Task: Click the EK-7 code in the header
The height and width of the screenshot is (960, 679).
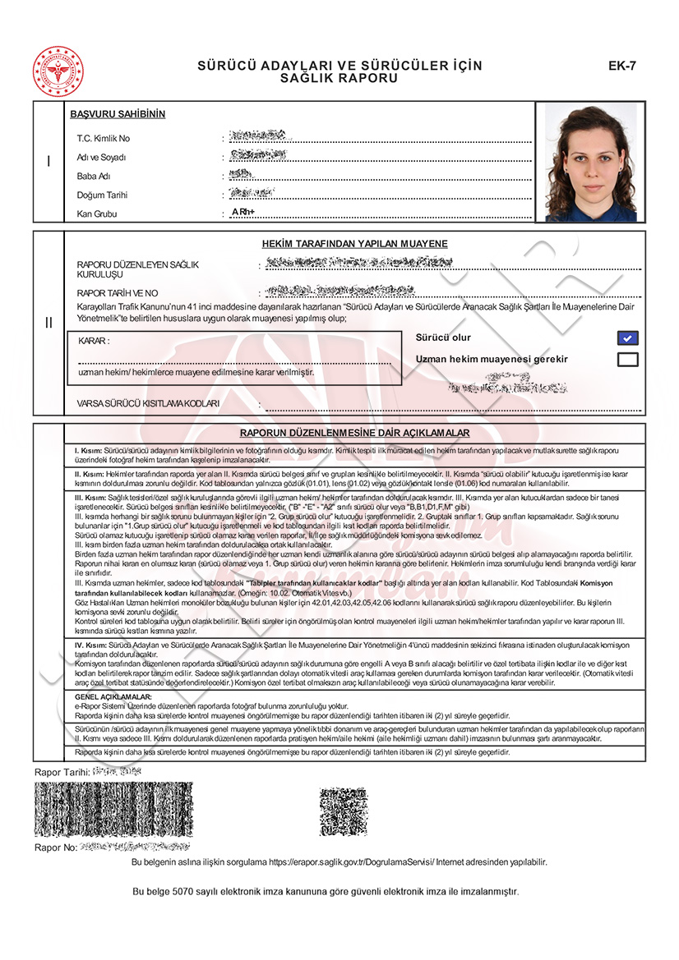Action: [x=621, y=66]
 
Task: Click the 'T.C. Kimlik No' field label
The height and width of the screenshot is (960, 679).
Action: [x=104, y=139]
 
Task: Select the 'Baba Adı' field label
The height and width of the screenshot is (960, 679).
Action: [x=94, y=177]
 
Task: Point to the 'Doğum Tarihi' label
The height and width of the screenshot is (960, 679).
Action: [x=102, y=195]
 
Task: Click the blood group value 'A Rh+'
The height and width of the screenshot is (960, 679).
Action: [x=243, y=213]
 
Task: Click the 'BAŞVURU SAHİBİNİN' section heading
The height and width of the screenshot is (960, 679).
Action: [x=118, y=114]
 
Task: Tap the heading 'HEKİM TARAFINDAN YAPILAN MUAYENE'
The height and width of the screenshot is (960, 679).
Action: [x=354, y=244]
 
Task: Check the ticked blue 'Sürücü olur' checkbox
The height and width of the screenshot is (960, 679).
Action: [x=627, y=338]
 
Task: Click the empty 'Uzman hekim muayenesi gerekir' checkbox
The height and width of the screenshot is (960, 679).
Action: [x=627, y=359]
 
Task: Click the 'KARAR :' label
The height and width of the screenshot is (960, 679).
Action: [x=94, y=341]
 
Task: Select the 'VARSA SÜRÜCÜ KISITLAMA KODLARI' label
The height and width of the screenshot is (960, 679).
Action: [x=148, y=404]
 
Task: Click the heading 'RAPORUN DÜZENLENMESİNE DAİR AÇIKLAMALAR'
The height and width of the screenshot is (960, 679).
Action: [x=354, y=433]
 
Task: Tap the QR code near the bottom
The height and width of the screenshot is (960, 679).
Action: [x=343, y=811]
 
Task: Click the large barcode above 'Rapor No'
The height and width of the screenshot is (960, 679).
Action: [x=113, y=809]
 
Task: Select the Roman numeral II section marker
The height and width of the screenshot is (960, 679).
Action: [x=48, y=323]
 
